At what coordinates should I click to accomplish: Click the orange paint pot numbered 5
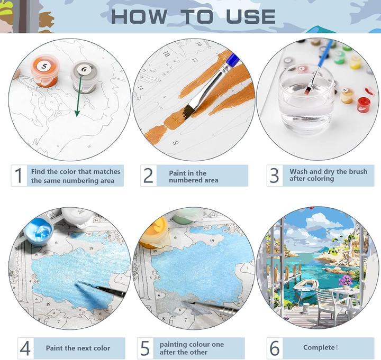45,71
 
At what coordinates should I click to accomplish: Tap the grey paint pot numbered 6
84,77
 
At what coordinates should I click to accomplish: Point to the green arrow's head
77,113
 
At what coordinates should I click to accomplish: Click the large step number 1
19,176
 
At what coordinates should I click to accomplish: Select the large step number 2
148,176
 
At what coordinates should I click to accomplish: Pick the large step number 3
274,176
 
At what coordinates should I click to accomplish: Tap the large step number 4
25,348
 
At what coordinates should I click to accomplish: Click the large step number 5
145,348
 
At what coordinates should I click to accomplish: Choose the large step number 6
275,348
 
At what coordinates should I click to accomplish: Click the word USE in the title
251,17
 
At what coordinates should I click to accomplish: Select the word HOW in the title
139,17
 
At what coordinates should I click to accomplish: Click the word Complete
319,348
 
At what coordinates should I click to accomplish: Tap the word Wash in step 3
298,171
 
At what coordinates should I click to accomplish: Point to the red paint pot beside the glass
363,104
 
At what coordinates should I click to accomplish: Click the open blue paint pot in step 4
39,230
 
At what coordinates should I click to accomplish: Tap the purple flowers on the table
346,281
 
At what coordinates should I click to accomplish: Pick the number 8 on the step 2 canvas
176,143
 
